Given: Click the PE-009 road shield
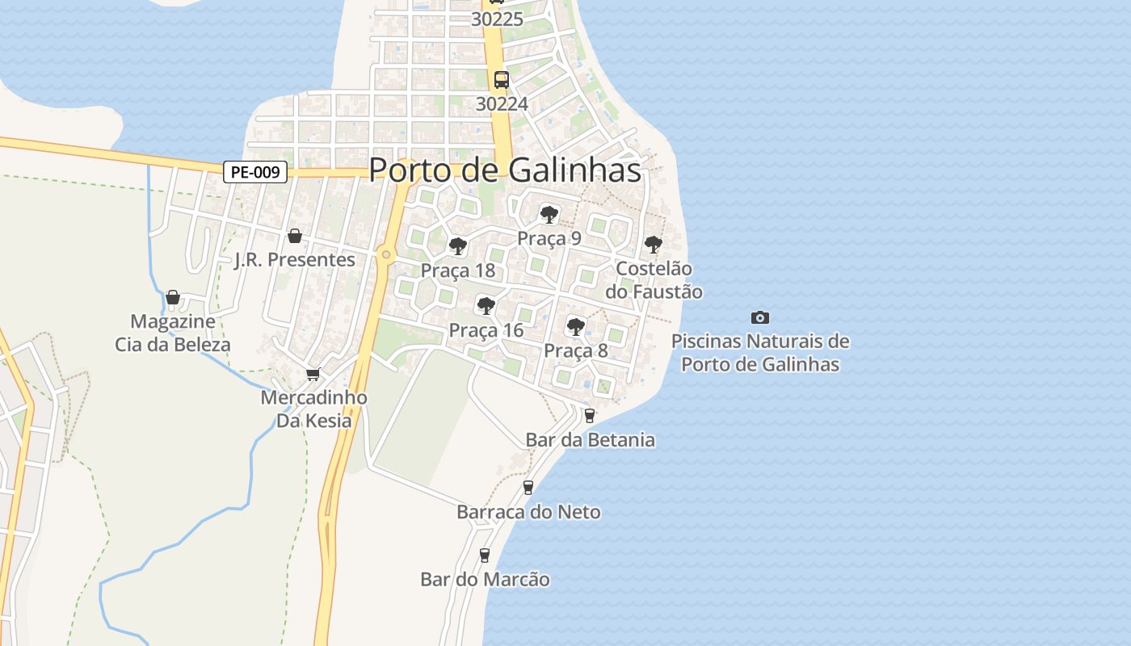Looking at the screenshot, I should pyautogui.click(x=255, y=172).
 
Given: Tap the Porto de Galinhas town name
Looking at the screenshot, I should pyautogui.click(x=505, y=170).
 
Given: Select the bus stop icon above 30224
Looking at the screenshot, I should pyautogui.click(x=502, y=80).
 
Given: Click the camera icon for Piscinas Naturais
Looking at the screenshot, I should pyautogui.click(x=759, y=318).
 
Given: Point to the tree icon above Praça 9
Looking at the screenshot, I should pyautogui.click(x=549, y=215).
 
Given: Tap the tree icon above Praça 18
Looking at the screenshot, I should pyautogui.click(x=458, y=246).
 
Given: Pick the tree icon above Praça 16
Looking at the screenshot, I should pyautogui.click(x=486, y=306).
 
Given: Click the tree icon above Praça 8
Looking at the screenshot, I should pyautogui.click(x=575, y=327).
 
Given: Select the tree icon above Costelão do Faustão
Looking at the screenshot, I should pyautogui.click(x=653, y=245).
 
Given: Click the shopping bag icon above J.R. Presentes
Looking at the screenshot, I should pyautogui.click(x=295, y=236).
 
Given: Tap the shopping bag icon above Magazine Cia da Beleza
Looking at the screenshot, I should pyautogui.click(x=172, y=298).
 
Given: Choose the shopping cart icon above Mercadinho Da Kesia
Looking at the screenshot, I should pyautogui.click(x=313, y=374).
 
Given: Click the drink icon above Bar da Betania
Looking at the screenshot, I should pyautogui.click(x=589, y=416).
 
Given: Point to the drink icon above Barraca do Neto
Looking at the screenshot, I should pyautogui.click(x=528, y=488).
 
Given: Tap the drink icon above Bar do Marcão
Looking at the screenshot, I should pyautogui.click(x=485, y=556).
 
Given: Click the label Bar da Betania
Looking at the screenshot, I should pyautogui.click(x=590, y=440).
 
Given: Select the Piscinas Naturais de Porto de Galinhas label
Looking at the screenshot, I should pyautogui.click(x=760, y=353).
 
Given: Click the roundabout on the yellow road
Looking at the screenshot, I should pyautogui.click(x=386, y=255).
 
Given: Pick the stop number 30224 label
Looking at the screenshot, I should pyautogui.click(x=502, y=104).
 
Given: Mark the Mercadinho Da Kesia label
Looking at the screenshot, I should pyautogui.click(x=313, y=409).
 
